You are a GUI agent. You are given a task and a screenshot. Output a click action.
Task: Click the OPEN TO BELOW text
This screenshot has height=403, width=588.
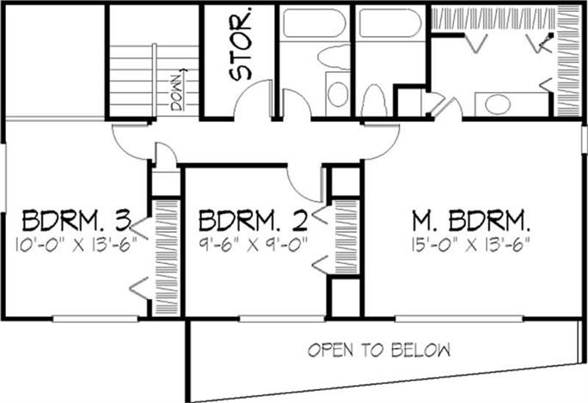pos(379,350)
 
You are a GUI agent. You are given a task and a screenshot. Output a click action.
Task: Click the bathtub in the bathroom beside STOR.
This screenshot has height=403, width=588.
pos(315,21)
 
